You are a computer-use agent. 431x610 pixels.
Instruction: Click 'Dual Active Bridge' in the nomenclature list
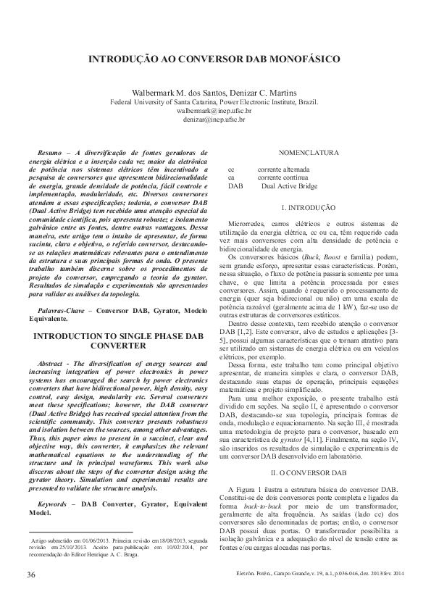point(289,185)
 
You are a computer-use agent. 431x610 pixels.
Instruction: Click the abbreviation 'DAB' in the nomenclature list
point(235,185)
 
